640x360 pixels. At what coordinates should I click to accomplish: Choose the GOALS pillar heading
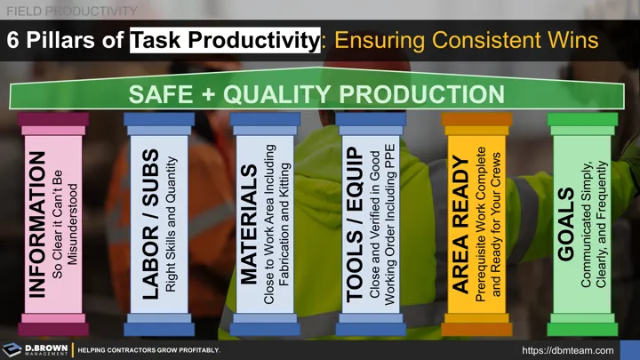click(565, 225)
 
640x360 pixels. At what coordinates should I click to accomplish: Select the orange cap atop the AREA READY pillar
click(477, 119)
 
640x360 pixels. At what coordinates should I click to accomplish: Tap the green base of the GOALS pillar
click(582, 317)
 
